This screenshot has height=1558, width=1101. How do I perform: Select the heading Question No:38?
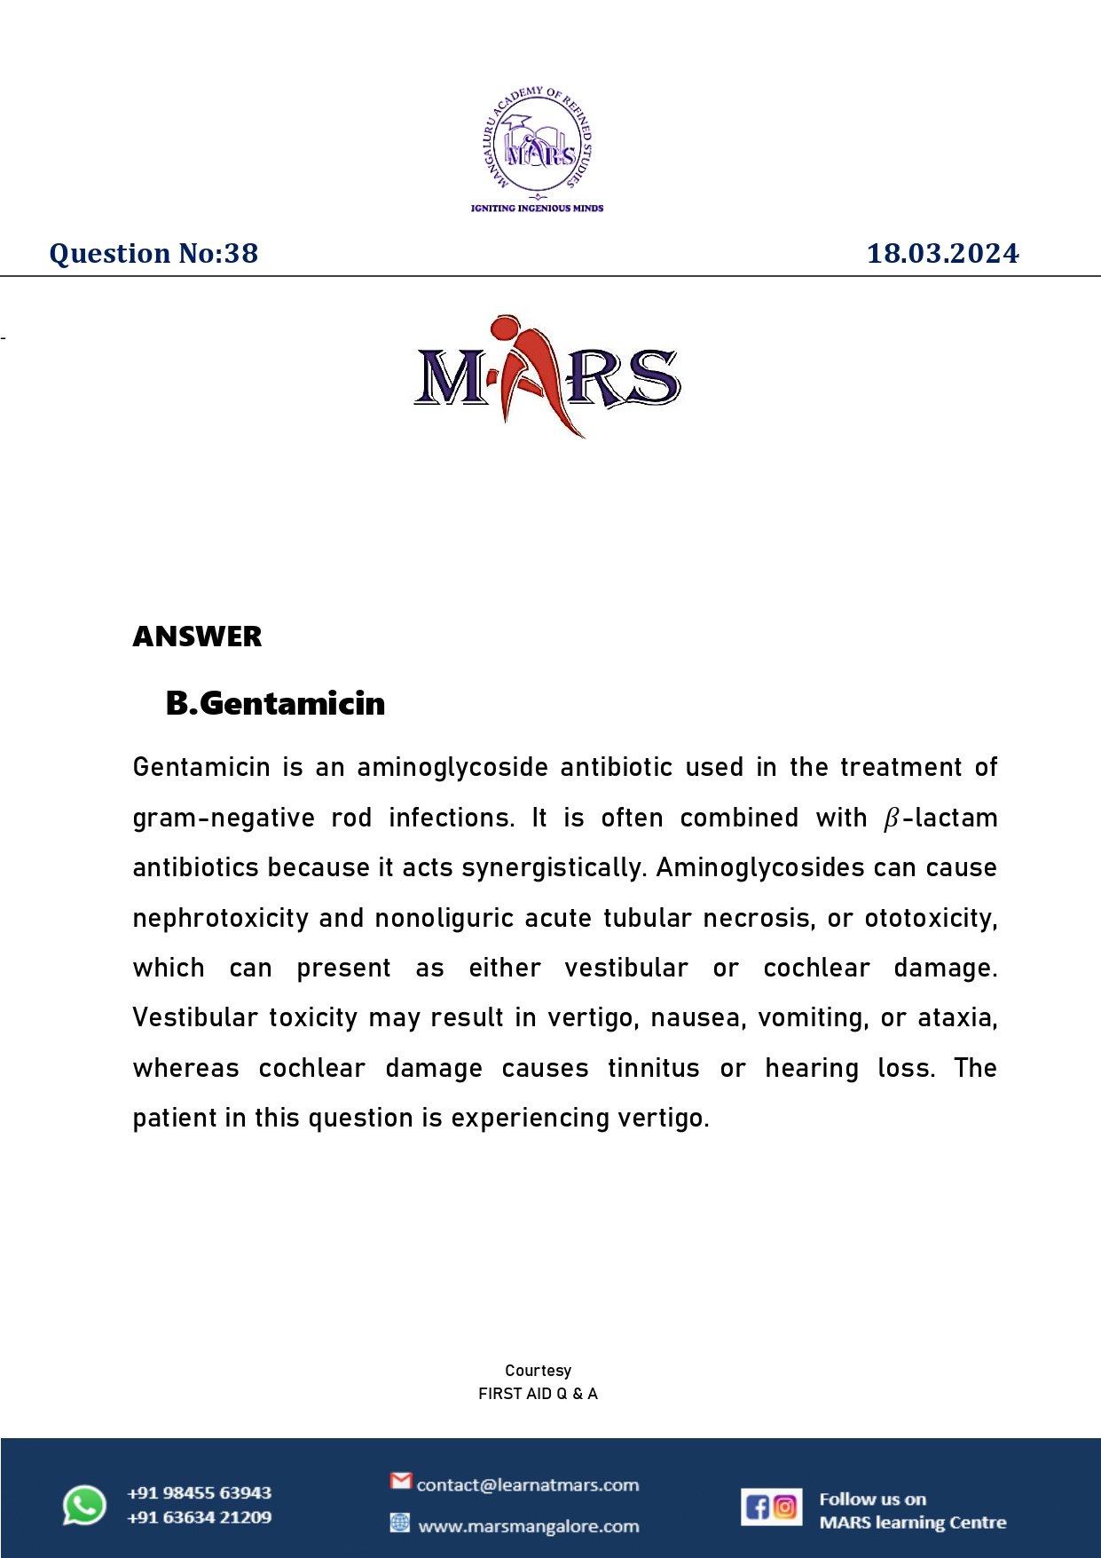point(153,254)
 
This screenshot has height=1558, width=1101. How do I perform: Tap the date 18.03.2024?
point(942,254)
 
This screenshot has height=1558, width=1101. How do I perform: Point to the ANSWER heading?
point(197,637)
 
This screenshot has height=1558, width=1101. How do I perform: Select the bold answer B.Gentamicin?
point(275,703)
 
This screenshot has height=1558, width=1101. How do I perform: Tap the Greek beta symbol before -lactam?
point(892,819)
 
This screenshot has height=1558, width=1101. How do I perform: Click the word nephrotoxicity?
point(220,918)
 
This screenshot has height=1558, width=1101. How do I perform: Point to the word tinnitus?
point(653,1068)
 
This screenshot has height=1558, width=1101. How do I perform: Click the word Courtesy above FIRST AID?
point(538,1370)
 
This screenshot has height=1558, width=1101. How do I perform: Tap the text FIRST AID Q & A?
point(538,1394)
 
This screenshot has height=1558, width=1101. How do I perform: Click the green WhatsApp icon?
point(84,1506)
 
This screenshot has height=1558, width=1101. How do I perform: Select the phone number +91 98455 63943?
point(199,1493)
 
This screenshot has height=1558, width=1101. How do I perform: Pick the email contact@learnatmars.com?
point(527,1485)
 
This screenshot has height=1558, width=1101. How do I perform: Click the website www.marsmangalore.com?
point(528,1527)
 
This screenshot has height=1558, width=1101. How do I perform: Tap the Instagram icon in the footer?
point(785,1507)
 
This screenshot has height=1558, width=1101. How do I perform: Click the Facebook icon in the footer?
point(758,1507)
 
